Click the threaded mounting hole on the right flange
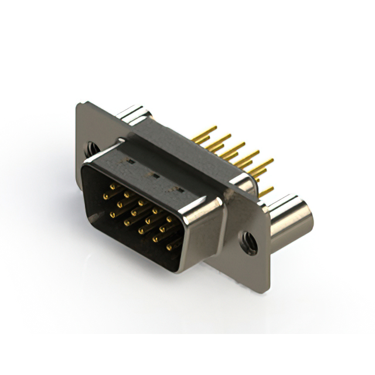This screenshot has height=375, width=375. [249, 241]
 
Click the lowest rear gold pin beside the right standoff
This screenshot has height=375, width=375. [267, 191]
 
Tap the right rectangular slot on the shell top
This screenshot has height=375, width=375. [175, 188]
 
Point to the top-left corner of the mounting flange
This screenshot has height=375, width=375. [79, 104]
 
